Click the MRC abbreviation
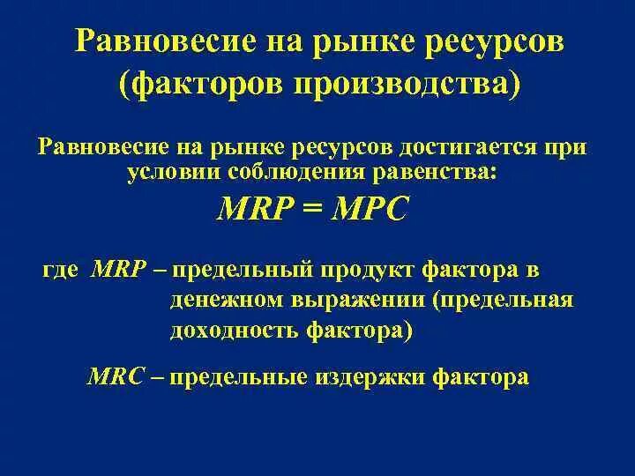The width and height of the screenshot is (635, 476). click(x=115, y=377)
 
